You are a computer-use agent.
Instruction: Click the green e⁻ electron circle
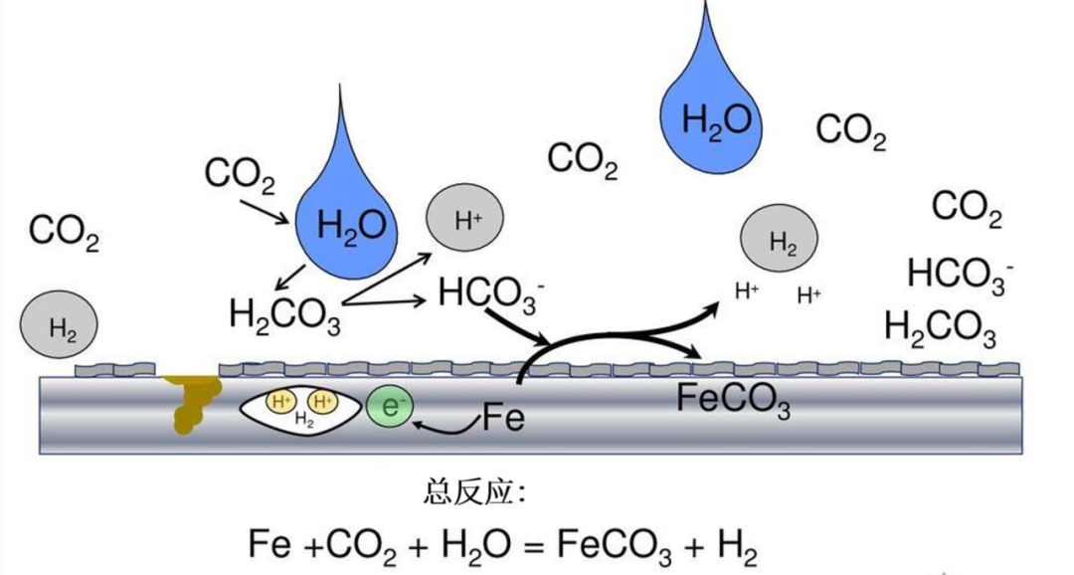point(390,407)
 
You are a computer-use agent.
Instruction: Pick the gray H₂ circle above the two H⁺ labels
point(780,241)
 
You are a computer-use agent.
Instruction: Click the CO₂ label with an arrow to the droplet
point(240,176)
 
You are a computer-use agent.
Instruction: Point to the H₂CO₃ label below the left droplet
point(285,316)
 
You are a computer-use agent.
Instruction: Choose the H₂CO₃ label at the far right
point(940,326)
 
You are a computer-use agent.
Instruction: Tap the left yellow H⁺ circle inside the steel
point(281,402)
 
